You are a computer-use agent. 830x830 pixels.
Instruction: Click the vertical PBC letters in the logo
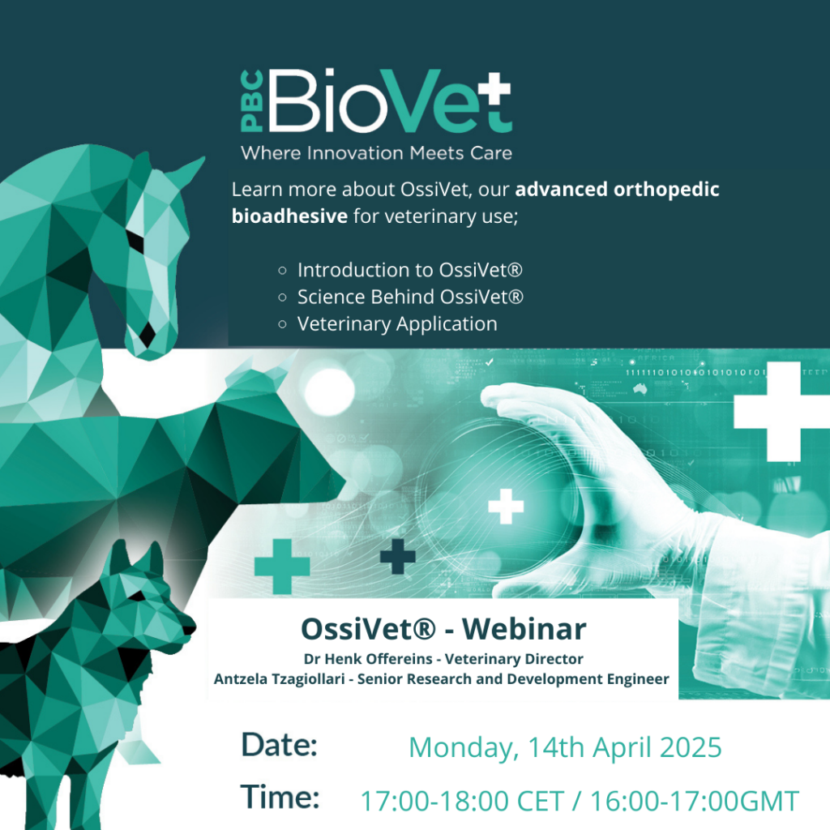(251, 101)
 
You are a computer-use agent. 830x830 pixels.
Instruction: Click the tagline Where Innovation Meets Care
(376, 153)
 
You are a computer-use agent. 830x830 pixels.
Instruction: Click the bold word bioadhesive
(289, 216)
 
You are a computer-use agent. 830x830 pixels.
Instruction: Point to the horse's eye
(135, 241)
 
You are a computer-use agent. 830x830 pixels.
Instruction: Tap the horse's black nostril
(148, 333)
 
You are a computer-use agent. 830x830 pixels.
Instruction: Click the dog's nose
(190, 628)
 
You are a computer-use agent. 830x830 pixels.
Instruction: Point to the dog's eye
(139, 597)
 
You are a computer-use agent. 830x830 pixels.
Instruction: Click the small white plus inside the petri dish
(506, 506)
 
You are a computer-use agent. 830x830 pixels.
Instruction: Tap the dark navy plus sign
(397, 556)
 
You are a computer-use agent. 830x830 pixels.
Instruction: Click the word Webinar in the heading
(524, 629)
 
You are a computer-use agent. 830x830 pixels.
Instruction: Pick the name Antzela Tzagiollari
(279, 679)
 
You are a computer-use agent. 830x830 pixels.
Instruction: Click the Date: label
(279, 745)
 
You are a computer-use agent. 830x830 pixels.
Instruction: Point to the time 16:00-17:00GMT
(695, 801)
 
